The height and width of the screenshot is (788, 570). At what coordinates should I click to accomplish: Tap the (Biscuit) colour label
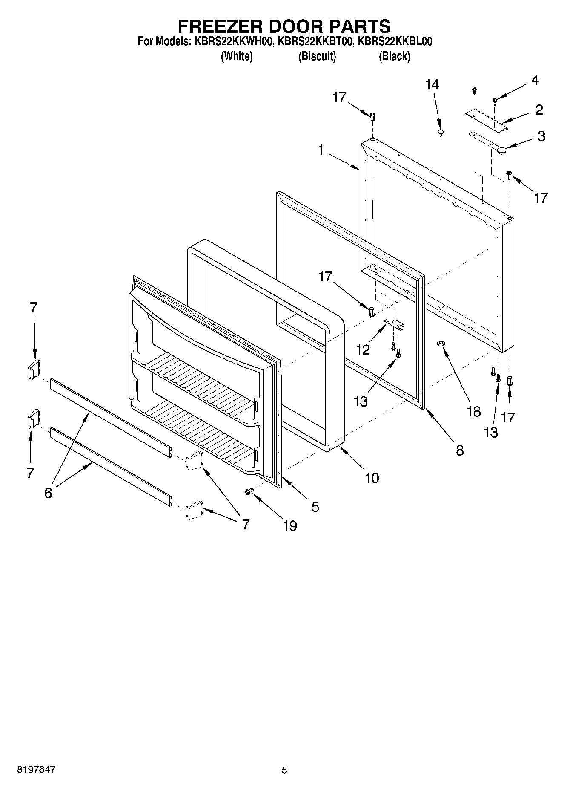[317, 56]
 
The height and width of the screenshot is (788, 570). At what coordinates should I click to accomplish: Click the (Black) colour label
[394, 56]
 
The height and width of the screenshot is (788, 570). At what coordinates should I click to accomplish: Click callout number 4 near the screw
[535, 80]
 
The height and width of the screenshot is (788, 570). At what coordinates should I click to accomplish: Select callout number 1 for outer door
[320, 150]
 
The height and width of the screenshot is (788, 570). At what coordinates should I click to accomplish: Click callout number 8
[460, 450]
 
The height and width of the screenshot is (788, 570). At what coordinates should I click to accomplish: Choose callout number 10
[372, 478]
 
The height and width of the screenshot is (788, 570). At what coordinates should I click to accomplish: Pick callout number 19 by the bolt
[290, 526]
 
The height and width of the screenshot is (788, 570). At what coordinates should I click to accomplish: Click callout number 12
[363, 350]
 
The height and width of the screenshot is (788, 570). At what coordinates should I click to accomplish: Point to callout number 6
[48, 493]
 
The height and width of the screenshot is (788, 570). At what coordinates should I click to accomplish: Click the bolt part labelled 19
[249, 491]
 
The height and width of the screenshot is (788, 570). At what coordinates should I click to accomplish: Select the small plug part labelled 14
[441, 133]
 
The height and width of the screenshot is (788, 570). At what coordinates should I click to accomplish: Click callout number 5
[315, 507]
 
